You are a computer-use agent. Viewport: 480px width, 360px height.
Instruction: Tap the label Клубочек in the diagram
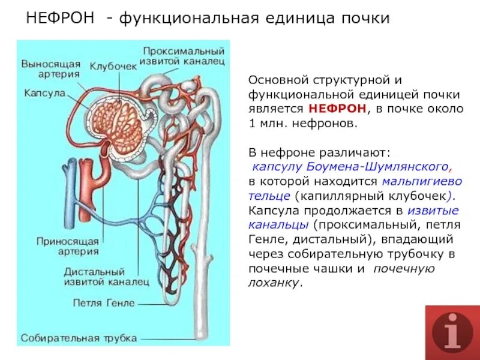(113, 66)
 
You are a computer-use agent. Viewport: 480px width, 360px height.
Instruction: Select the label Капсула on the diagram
(44, 93)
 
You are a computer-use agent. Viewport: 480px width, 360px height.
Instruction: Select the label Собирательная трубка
(79, 338)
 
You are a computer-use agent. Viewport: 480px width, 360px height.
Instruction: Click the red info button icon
(452, 332)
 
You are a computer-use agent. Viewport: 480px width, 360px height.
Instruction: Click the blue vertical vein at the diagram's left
(73, 192)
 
